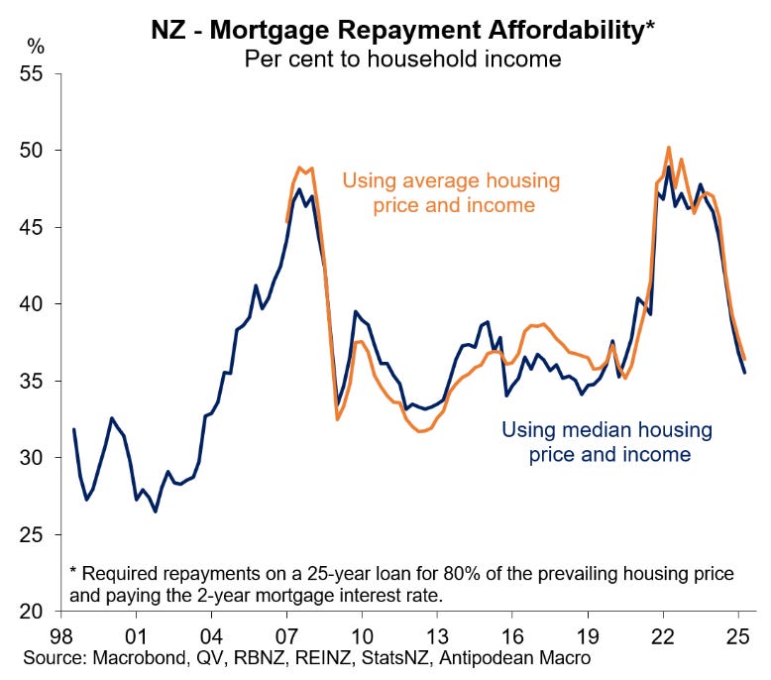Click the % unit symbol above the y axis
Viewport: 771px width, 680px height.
pyautogui.click(x=36, y=46)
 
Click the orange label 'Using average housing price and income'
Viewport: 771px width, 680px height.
pyautogui.click(x=451, y=193)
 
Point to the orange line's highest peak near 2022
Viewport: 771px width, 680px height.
pyautogui.click(x=669, y=147)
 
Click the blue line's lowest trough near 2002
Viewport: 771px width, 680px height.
pyautogui.click(x=156, y=511)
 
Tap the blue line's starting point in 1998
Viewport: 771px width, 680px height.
pyautogui.click(x=73, y=429)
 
